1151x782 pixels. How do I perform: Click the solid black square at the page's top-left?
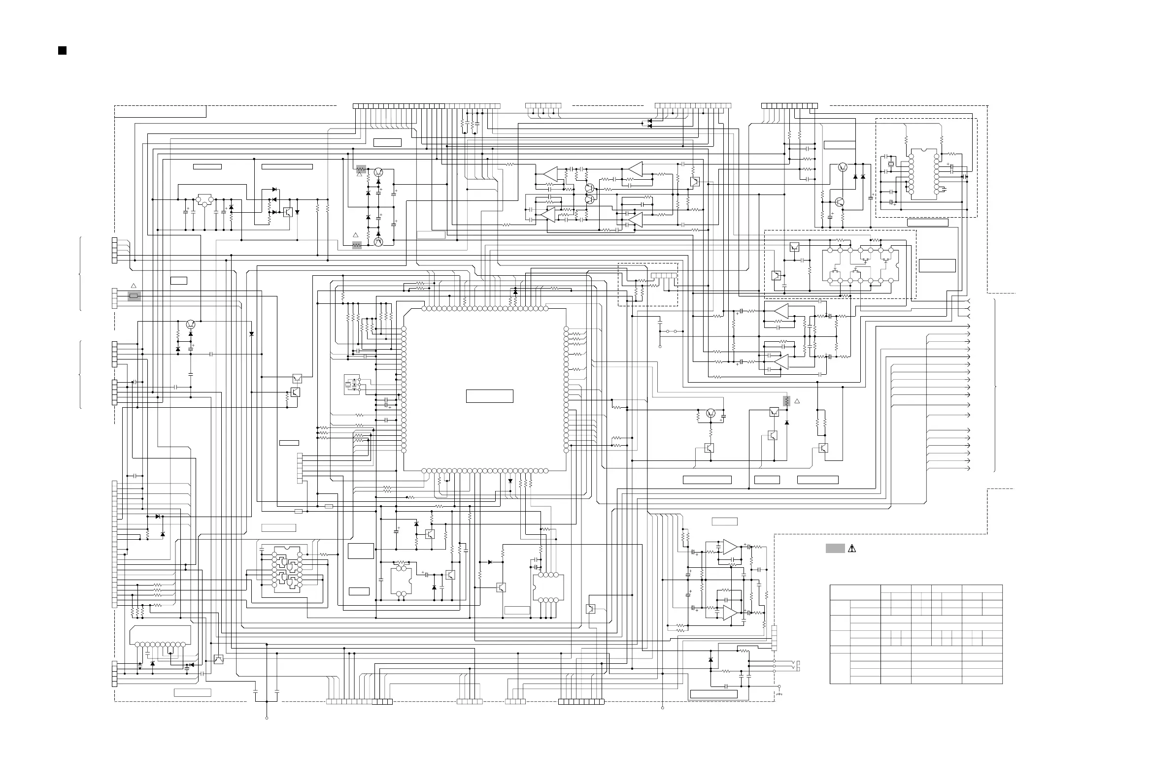tap(63, 51)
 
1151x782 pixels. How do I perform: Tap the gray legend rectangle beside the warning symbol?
tap(835, 548)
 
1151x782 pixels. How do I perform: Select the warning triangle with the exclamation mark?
tap(852, 549)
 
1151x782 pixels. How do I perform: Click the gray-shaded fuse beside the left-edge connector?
tap(134, 296)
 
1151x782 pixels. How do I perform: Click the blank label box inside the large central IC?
tap(489, 396)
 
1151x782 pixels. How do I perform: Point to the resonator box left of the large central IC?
tap(352, 385)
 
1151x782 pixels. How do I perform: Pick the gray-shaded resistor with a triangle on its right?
tap(786, 401)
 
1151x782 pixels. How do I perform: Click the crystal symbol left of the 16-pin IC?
tap(891, 164)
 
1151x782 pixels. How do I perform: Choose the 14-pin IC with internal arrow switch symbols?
tap(860, 265)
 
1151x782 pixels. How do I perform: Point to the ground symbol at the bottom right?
tap(779, 693)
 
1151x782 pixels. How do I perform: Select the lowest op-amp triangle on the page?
tap(730, 613)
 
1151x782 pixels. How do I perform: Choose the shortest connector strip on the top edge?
tap(543, 106)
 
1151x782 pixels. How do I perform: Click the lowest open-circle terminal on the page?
tap(267, 717)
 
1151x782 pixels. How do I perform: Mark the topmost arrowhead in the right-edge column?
tap(969, 301)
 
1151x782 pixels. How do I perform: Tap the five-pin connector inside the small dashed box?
tap(664, 275)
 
